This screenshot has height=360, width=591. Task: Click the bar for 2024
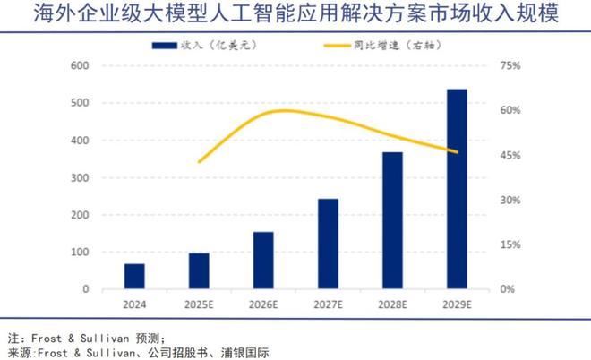point(134,277)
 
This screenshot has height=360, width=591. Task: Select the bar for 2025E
point(199,271)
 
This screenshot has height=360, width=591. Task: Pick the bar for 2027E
point(328,244)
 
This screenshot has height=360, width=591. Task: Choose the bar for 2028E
point(392,220)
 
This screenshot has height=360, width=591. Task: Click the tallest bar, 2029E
point(457,189)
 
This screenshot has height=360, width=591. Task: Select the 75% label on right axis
point(510,65)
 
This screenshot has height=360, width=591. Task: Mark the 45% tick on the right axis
point(510,155)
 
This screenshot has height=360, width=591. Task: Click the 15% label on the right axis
point(510,244)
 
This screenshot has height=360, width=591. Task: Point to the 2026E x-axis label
point(263,304)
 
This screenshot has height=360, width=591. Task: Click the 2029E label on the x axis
point(457,304)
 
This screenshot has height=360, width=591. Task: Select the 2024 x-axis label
point(134,304)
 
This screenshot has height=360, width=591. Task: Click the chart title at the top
point(295,14)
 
